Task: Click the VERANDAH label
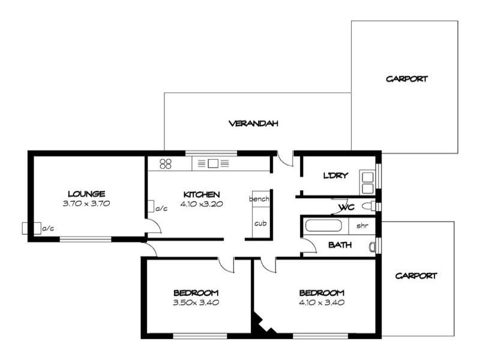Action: pyautogui.click(x=254, y=124)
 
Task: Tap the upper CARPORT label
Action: pyautogui.click(x=407, y=79)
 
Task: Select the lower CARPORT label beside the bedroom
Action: pyautogui.click(x=416, y=276)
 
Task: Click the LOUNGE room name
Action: pyautogui.click(x=86, y=194)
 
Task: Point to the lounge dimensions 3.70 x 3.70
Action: pyautogui.click(x=86, y=203)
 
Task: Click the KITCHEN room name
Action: pyautogui.click(x=202, y=194)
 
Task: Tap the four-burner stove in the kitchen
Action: pyautogui.click(x=166, y=163)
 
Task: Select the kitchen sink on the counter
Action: pyautogui.click(x=213, y=163)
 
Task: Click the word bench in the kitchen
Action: pyautogui.click(x=260, y=199)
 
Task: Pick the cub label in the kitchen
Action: pyautogui.click(x=260, y=223)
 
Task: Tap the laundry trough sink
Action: pyautogui.click(x=367, y=177)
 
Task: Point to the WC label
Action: pyautogui.click(x=346, y=208)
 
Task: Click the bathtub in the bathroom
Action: pyautogui.click(x=325, y=227)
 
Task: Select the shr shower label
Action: pyautogui.click(x=362, y=226)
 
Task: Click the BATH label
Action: pyautogui.click(x=340, y=245)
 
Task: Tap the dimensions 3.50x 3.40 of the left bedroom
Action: pyautogui.click(x=196, y=302)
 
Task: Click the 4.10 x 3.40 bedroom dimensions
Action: pyautogui.click(x=322, y=302)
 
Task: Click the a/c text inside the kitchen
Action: pyautogui.click(x=161, y=209)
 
